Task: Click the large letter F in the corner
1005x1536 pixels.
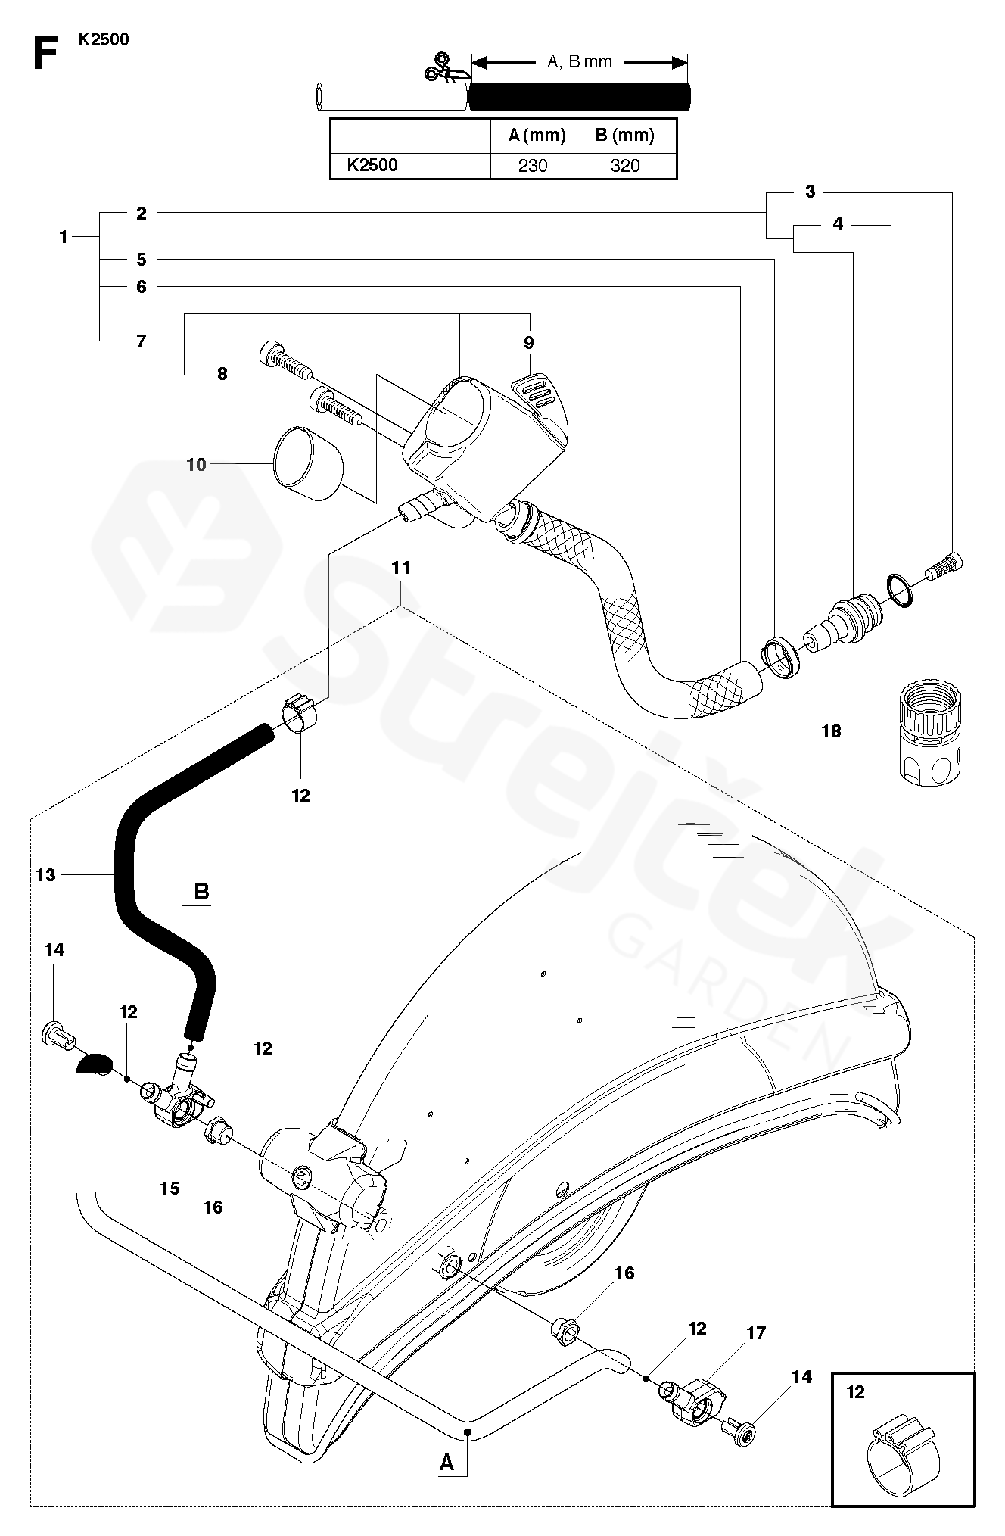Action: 46,54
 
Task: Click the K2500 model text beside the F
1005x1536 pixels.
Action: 104,39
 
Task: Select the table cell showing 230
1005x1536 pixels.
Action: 533,166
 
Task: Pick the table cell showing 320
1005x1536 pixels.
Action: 625,166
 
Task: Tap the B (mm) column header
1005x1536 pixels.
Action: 624,136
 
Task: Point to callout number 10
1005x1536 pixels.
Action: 196,464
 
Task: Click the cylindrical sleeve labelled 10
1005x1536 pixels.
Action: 307,463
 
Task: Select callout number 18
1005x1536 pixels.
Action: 831,731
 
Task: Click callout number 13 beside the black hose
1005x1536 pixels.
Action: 46,874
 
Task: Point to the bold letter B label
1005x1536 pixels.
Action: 201,892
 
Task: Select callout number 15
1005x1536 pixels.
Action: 170,1188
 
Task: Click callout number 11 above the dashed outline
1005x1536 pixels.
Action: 401,567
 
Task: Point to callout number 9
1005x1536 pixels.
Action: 528,343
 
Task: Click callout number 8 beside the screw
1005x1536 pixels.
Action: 222,374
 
